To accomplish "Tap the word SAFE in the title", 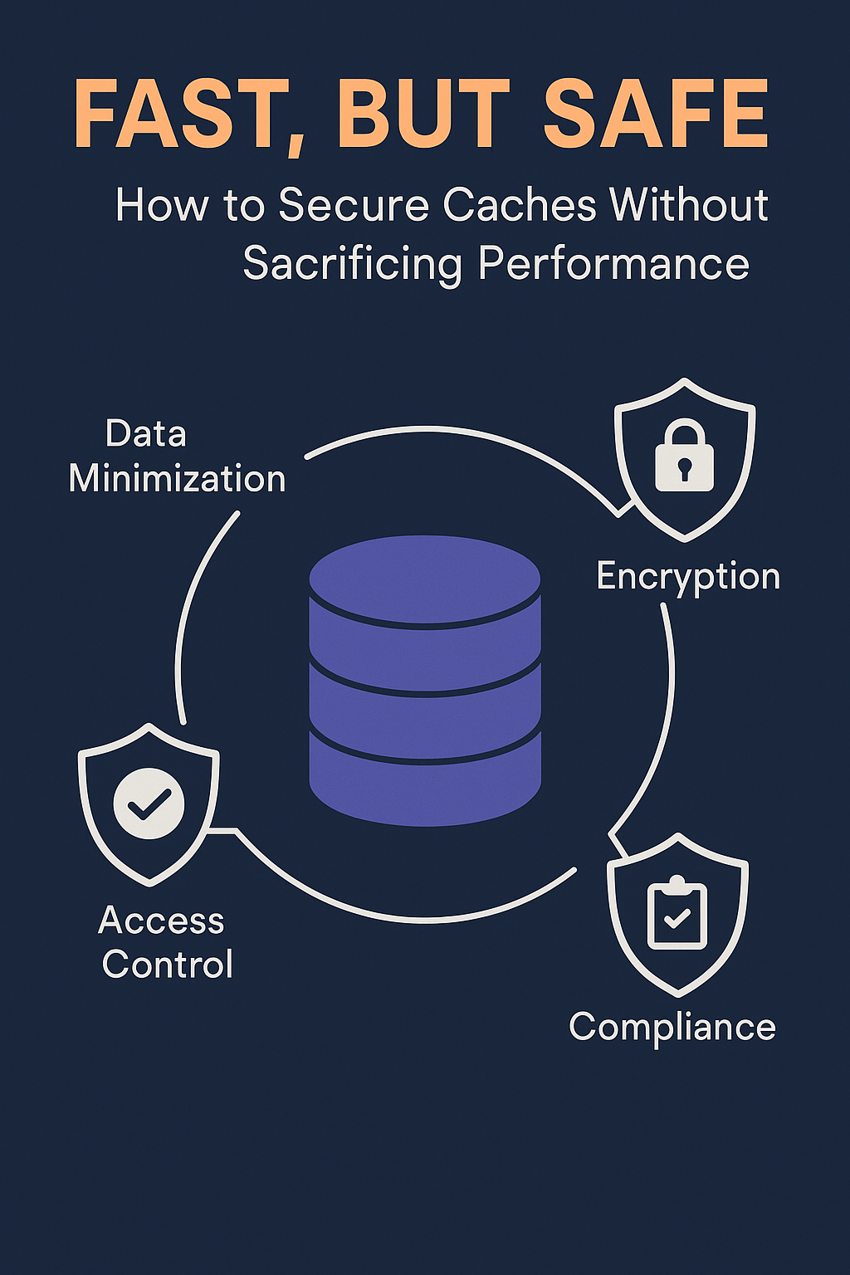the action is coord(657,113).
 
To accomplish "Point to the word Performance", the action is coord(613,265).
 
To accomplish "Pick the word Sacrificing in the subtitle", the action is coord(352,266).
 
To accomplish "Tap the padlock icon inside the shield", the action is coord(684,455).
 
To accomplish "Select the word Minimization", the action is coord(177,479).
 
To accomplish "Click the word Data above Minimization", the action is coord(146,434).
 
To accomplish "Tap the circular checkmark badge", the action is coord(149,804).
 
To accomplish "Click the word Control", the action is coord(168,965).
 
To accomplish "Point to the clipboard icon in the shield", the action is coord(677,913).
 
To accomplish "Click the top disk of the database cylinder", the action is coord(425,580).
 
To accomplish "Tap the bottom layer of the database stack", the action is coord(425,779).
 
